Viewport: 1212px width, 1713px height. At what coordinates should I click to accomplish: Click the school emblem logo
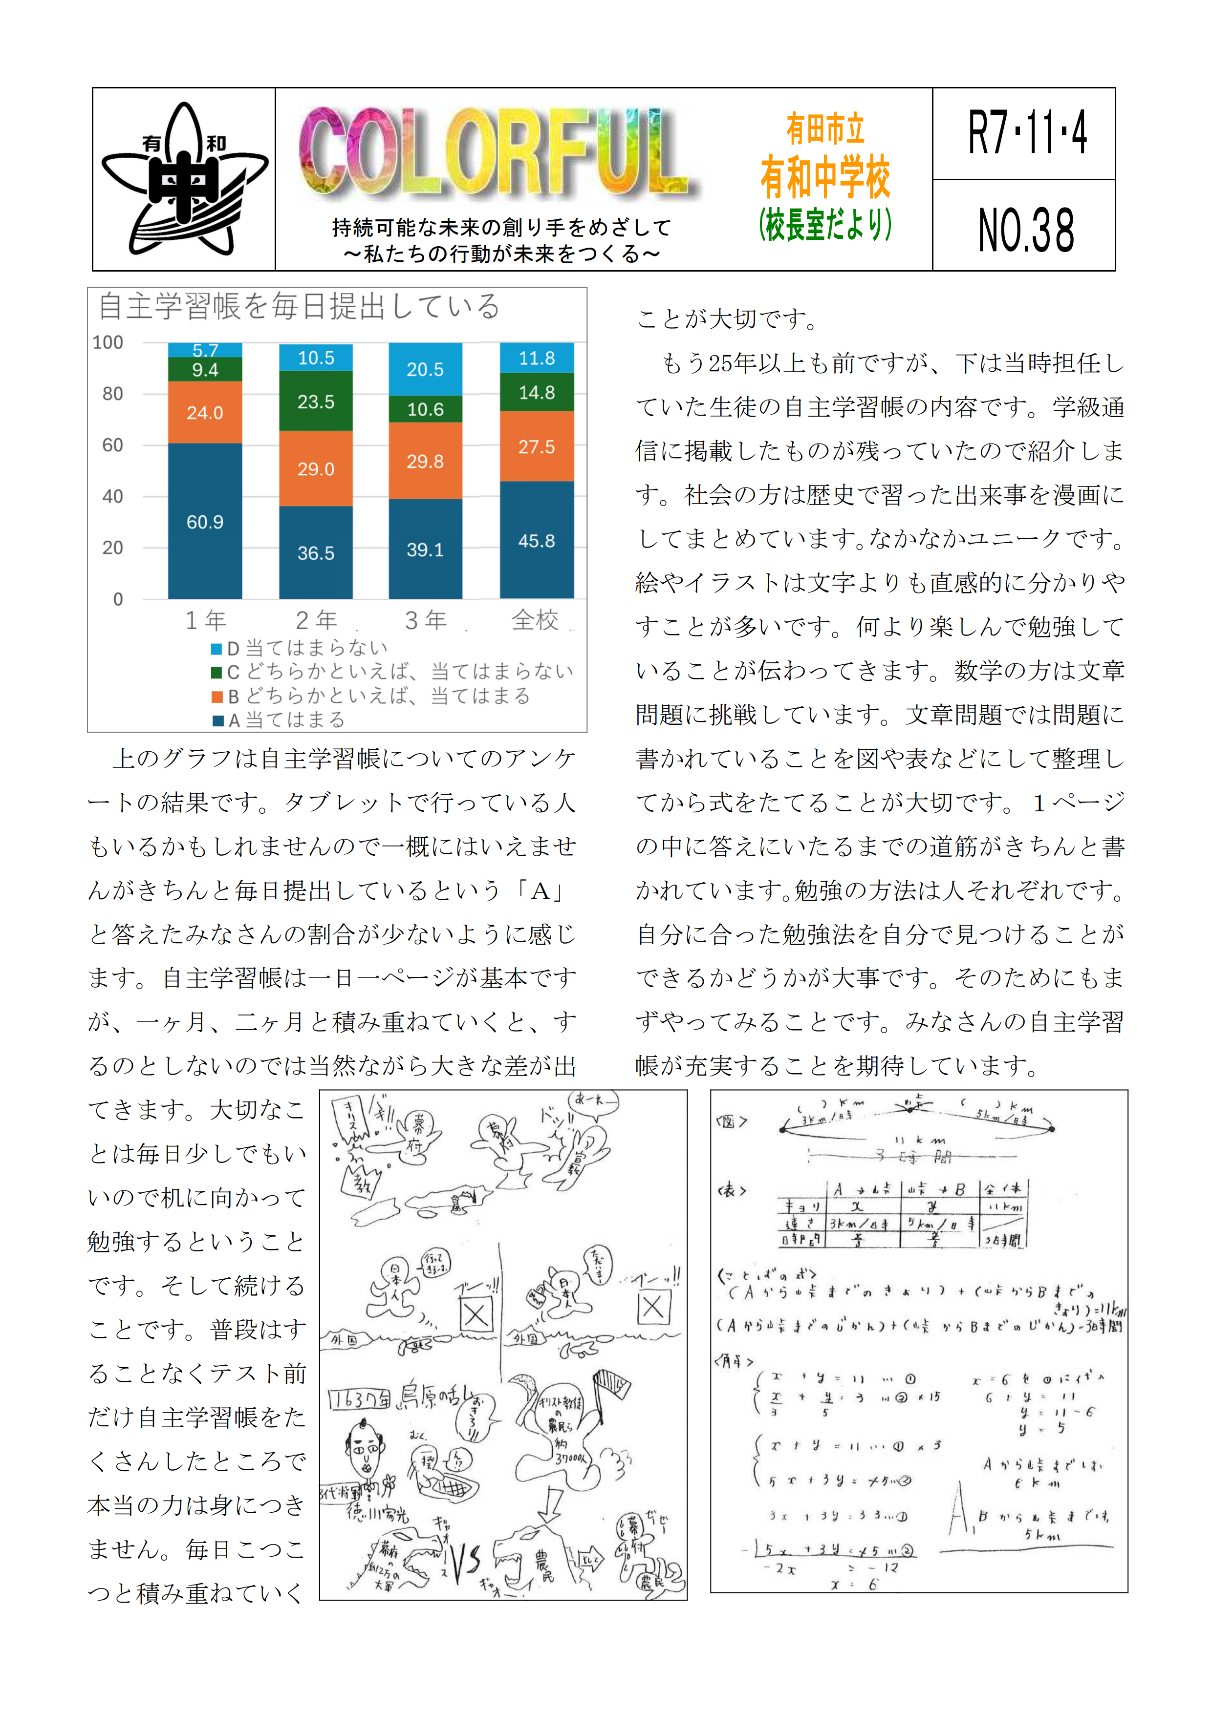184,179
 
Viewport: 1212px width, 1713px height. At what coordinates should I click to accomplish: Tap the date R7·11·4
1026,133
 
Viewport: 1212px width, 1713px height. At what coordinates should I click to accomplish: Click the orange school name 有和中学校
824,178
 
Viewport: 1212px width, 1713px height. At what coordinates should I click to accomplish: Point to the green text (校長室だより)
824,224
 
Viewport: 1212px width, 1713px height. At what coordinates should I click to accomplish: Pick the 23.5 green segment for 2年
316,402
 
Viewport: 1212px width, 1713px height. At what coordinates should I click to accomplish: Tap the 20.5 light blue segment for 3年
425,369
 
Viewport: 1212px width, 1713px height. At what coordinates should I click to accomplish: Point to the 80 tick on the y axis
113,393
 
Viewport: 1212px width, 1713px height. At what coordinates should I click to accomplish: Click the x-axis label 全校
534,620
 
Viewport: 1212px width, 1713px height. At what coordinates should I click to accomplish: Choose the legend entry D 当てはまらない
299,648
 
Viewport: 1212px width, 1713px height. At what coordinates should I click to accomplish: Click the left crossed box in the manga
476,1314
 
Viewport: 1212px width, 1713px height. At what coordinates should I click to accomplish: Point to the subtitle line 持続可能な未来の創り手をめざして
501,227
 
